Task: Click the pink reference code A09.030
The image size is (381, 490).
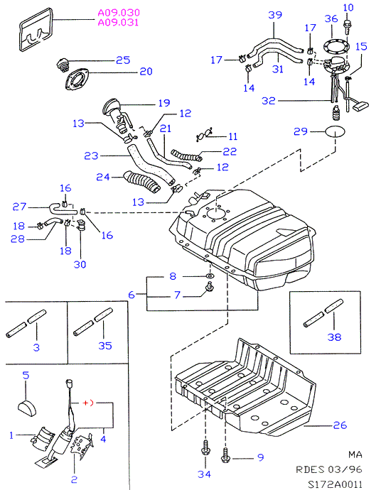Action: point(119,13)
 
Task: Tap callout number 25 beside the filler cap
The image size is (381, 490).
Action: point(123,60)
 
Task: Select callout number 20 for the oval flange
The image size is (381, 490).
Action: point(146,72)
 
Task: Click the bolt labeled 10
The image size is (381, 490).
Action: point(347,27)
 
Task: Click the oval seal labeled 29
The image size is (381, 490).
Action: point(335,131)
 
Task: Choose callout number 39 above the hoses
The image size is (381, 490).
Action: point(275,15)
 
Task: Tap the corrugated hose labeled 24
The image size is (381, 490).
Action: point(142,181)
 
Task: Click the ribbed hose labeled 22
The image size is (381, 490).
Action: point(186,156)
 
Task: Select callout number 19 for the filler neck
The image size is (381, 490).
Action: point(164,103)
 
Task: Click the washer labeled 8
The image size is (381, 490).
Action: point(209,276)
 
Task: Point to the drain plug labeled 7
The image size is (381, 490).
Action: point(209,287)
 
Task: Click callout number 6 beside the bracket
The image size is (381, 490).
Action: point(132,295)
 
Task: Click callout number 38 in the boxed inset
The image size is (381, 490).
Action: point(334,337)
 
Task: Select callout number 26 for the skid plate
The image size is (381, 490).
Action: point(340,425)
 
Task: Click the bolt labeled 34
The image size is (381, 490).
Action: point(205,449)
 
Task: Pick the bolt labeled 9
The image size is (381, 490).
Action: point(225,456)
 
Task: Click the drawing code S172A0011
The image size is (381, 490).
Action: point(335,484)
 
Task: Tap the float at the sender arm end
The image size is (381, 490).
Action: point(360,107)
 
